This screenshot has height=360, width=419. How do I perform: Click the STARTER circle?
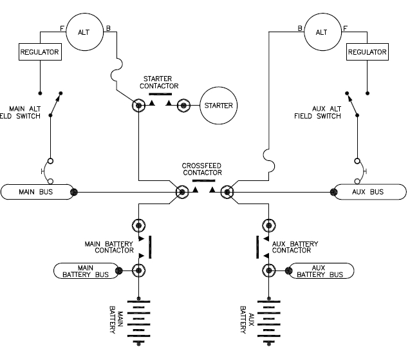pos(217,105)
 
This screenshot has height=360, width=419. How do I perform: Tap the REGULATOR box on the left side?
pos(40,52)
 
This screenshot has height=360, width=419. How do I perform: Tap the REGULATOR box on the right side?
pos(366,52)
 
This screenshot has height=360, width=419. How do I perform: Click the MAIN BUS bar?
pos(37,191)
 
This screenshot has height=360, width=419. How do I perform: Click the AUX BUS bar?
pos(369,191)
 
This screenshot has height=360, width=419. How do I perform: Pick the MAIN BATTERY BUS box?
pos(86,271)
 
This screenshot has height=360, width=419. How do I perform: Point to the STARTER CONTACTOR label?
pos(160,82)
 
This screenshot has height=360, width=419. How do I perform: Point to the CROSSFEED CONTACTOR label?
pos(202,169)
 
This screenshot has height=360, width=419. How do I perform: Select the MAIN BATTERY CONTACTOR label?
pos(109,247)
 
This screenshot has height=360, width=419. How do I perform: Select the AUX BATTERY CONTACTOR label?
pos(295,247)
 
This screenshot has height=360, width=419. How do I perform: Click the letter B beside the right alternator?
pos(299,28)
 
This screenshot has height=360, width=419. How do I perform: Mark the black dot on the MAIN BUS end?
pos(74,191)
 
